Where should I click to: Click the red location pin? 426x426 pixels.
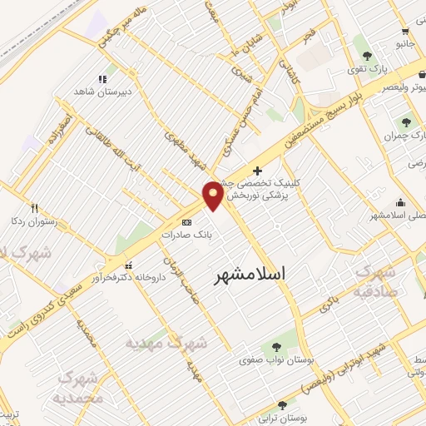[x=214, y=195]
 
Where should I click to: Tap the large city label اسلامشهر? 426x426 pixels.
[x=249, y=274]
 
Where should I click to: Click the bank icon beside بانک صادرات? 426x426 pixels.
[x=186, y=222]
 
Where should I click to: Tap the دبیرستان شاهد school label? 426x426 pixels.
[x=103, y=92]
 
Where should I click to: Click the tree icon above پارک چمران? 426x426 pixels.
[x=407, y=121]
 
